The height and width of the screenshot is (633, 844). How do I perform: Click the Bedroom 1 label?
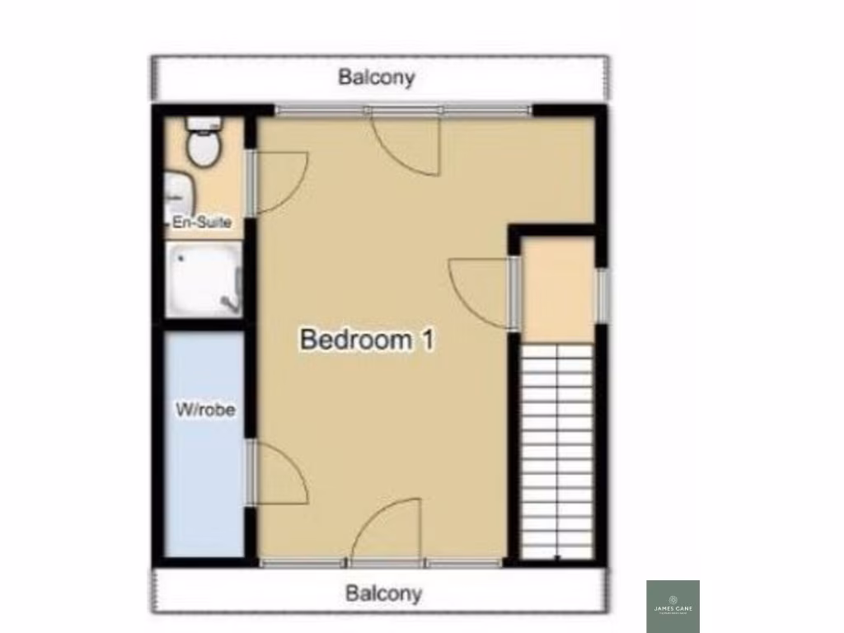[x=367, y=340]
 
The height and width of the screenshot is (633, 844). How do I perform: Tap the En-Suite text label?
[x=202, y=223]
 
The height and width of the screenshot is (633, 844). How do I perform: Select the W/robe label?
[x=205, y=409]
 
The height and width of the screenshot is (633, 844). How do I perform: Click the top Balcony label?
[x=377, y=77]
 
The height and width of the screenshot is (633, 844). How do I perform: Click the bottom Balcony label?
[x=383, y=593]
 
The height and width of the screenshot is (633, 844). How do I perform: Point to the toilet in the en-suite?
[x=203, y=147]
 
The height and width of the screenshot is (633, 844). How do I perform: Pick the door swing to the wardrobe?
[x=280, y=473]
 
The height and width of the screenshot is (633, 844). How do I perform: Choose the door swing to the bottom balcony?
[x=388, y=532]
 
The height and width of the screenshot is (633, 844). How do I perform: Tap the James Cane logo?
[x=673, y=607]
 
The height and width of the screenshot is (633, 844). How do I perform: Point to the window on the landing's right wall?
[x=602, y=295]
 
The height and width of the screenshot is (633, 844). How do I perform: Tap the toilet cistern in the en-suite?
[x=203, y=124]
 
